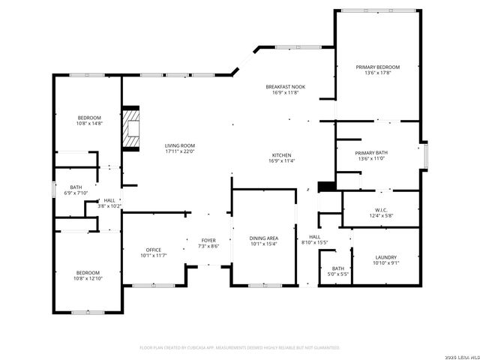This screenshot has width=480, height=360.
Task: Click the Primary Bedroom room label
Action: pyautogui.click(x=377, y=67)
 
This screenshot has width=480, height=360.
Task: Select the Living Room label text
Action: pyautogui.click(x=180, y=145)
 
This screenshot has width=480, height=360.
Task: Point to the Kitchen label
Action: pyautogui.click(x=282, y=155)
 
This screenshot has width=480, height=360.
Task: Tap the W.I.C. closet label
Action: pyautogui.click(x=379, y=209)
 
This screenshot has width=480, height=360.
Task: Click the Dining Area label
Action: pyautogui.click(x=263, y=238)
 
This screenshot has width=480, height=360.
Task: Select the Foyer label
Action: pyautogui.click(x=208, y=240)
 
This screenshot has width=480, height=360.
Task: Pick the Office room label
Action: pyautogui.click(x=154, y=250)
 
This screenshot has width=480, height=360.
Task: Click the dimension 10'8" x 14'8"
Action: pyautogui.click(x=89, y=124)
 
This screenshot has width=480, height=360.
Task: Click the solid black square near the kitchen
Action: pyautogui.click(x=325, y=187)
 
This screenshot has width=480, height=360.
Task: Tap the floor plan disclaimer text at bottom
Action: pyautogui.click(x=240, y=347)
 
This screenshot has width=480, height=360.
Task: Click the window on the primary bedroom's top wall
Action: pyautogui.click(x=377, y=10)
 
